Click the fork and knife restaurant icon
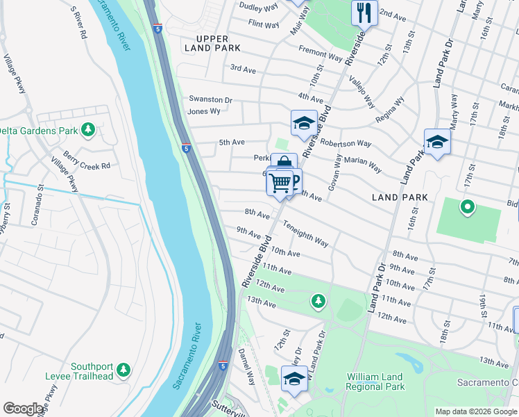[x=364, y=12]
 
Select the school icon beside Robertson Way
[x=303, y=124]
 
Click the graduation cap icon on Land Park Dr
[x=437, y=142]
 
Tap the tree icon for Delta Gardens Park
[x=87, y=130]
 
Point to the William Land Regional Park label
[x=375, y=382]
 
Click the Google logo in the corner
[x=24, y=409]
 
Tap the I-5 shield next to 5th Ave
[x=186, y=147]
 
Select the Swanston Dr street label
[x=210, y=99]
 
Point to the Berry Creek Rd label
[x=87, y=166]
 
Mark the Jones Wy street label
[x=204, y=111]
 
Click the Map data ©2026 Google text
[x=476, y=411]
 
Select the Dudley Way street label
[x=258, y=6]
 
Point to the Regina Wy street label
[x=389, y=111]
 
